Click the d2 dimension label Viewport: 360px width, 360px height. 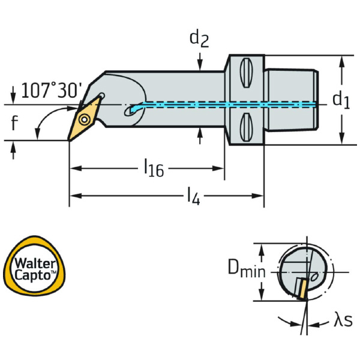200,39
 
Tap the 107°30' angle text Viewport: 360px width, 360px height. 51,91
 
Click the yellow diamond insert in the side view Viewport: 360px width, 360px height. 82,119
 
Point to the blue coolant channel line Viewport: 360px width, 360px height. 228,104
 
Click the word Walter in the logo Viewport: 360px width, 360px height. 34,263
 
